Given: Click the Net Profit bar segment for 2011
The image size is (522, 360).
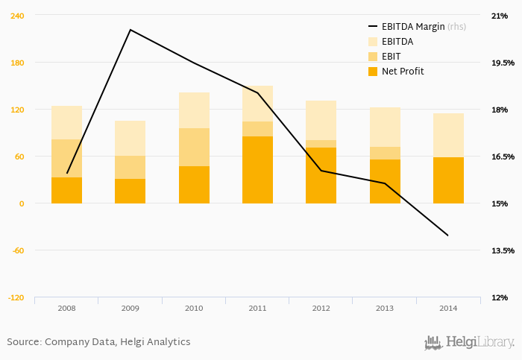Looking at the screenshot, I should tap(257, 170).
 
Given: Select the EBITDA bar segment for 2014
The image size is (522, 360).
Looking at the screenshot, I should tap(448, 136).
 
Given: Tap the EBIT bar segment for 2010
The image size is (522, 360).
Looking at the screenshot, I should tap(194, 147).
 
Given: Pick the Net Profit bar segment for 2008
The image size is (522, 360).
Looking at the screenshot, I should tap(66, 190).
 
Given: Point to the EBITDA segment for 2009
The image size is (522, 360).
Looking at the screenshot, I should tap(130, 138).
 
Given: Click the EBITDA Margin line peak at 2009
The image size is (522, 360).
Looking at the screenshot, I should tap(130, 30).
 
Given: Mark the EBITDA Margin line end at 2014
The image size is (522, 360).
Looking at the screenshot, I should tap(448, 236).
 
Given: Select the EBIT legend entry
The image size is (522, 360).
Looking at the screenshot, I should tap(391, 57).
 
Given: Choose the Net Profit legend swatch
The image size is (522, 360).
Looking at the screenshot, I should tap(373, 72).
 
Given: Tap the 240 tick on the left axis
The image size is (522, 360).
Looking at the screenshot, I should tap(16, 16).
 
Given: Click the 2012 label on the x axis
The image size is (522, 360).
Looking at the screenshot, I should tap(321, 308).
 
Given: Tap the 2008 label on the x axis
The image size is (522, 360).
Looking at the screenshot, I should tap(66, 308).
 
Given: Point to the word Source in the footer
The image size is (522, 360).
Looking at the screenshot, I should tap(23, 342).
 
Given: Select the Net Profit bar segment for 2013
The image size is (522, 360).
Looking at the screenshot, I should tap(385, 181).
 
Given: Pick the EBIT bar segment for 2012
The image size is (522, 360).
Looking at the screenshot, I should tap(321, 144).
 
